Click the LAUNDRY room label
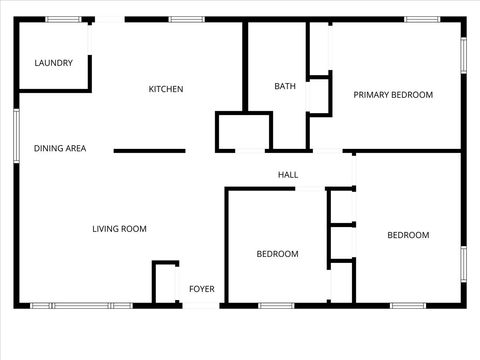[54, 63]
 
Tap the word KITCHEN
[166, 89]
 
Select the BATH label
[285, 86]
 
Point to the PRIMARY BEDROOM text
[393, 95]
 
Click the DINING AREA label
[60, 149]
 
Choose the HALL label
[288, 175]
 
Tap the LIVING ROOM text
[120, 229]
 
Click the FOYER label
[202, 289]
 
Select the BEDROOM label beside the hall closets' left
[277, 254]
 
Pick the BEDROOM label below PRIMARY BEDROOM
[408, 235]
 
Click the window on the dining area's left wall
[16, 133]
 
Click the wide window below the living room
[81, 305]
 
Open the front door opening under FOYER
[202, 305]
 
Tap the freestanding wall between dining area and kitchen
[149, 151]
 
